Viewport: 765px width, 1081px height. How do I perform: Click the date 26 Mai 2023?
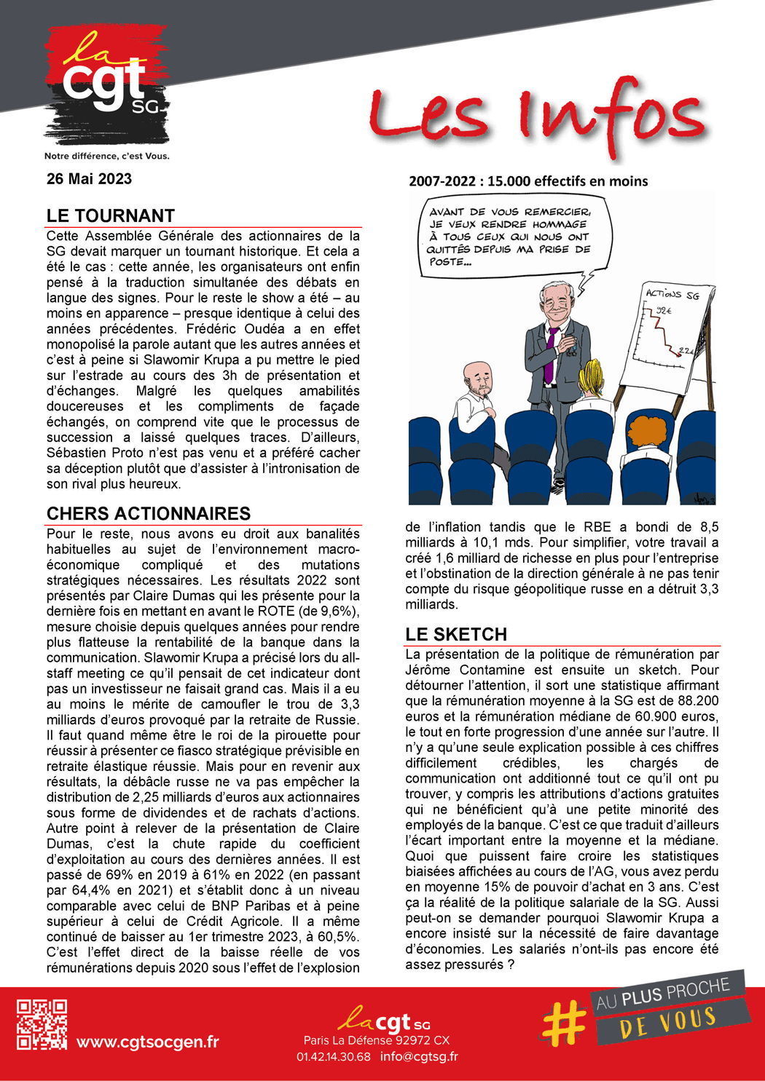pyautogui.click(x=89, y=179)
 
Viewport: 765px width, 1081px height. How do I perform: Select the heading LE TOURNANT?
pyautogui.click(x=111, y=216)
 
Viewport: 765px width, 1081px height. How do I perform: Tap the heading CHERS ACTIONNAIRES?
pyautogui.click(x=149, y=514)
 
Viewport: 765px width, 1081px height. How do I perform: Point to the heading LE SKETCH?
pyautogui.click(x=456, y=635)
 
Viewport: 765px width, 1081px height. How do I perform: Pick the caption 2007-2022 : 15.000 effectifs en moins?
pyautogui.click(x=528, y=181)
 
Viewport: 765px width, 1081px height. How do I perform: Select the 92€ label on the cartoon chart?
pyautogui.click(x=664, y=311)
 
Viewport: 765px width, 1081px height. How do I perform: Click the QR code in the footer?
pyautogui.click(x=42, y=1024)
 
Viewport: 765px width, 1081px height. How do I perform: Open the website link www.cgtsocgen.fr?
pyautogui.click(x=147, y=1042)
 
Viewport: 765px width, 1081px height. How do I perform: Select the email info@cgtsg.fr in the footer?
pyautogui.click(x=419, y=1057)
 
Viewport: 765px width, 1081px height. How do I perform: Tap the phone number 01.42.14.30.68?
pyautogui.click(x=333, y=1057)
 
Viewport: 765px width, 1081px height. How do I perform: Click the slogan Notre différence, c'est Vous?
pyautogui.click(x=106, y=156)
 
